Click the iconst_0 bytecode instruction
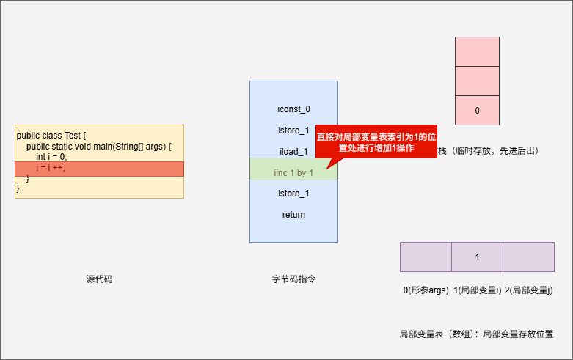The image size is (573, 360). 293,109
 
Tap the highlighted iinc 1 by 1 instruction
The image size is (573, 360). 293,173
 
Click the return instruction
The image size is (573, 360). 293,215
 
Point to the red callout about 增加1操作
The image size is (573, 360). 376,142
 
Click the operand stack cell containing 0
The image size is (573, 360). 477,111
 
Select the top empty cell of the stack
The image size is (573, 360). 477,51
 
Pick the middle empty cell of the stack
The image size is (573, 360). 477,81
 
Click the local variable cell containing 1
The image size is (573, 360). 477,257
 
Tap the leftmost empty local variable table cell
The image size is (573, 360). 426,257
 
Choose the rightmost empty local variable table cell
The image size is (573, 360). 528,257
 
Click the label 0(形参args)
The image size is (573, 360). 426,290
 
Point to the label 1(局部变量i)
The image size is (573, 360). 478,290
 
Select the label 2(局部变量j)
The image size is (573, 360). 529,290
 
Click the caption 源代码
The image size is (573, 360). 99,279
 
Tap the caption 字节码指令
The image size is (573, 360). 293,279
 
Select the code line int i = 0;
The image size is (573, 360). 51,157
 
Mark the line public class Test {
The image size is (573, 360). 51,136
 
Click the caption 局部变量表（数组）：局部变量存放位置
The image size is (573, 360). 475,334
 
